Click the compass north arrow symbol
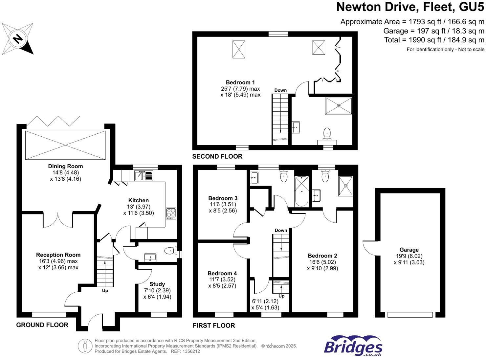click(x=18, y=39)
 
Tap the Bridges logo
click(x=353, y=346)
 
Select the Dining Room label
click(x=65, y=166)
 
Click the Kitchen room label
click(x=138, y=200)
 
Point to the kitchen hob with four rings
click(x=171, y=213)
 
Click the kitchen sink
click(x=144, y=176)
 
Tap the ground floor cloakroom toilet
click(x=170, y=251)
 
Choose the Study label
click(x=157, y=284)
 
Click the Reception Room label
click(x=58, y=255)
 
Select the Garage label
click(x=409, y=250)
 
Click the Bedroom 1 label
click(x=240, y=82)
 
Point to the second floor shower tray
click(x=339, y=105)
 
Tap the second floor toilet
click(x=327, y=133)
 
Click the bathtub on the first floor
click(x=302, y=191)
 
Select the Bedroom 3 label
click(x=223, y=198)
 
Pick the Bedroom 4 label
click(x=222, y=273)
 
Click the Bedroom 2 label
click(x=322, y=256)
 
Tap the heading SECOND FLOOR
click(x=217, y=157)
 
